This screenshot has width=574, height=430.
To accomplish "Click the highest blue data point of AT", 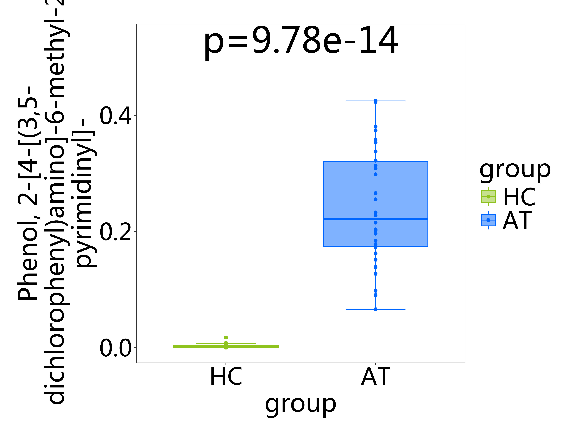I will [375, 101].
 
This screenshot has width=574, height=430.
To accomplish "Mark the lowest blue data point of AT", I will [375, 309].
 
